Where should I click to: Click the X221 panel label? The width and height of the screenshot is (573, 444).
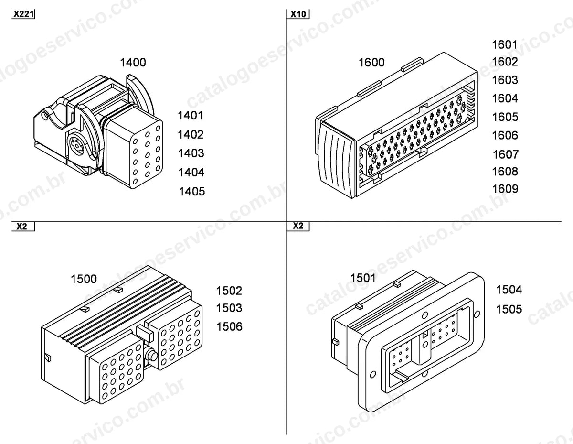tap(23, 14)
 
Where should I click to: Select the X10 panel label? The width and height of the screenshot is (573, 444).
tap(298, 14)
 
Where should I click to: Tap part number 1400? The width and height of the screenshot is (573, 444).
tap(133, 63)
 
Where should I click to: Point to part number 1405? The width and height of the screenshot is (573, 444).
tap(192, 192)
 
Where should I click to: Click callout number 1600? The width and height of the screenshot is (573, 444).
tap(371, 63)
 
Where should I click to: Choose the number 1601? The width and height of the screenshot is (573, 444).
tap(505, 44)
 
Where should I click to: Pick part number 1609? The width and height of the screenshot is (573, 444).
tap(505, 189)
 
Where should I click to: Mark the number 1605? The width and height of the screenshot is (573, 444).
tap(505, 117)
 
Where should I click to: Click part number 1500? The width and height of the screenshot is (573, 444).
tap(84, 279)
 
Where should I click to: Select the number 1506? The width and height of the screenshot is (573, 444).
tap(229, 326)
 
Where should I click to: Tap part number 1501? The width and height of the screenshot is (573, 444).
tap(363, 278)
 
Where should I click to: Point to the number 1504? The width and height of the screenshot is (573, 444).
tap(509, 290)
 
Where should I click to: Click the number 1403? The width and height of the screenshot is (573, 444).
tap(191, 153)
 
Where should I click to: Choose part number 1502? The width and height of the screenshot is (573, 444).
tap(229, 291)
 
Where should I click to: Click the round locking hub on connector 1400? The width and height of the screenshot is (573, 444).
tap(76, 146)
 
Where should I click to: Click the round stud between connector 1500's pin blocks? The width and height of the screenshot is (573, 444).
tap(151, 356)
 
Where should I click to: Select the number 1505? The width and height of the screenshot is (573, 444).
tap(509, 309)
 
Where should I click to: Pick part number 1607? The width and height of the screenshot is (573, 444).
tap(506, 154)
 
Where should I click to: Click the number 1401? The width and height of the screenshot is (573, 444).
tap(191, 116)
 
